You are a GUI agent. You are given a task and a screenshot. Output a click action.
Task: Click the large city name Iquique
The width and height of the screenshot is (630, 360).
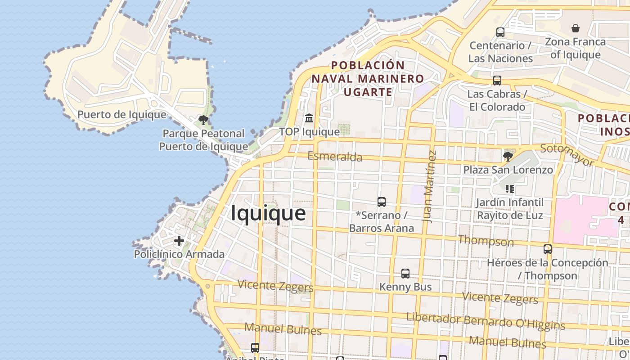pos(268,213)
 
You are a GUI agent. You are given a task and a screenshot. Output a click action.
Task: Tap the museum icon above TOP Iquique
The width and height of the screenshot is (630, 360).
pos(309,118)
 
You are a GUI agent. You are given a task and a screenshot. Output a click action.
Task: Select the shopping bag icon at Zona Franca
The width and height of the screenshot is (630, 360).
pos(575,28)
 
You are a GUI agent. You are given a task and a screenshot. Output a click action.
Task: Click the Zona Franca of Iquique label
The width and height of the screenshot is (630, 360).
pos(575,48)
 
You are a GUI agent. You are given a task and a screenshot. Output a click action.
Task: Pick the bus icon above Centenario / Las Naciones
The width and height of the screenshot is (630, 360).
pos(500,32)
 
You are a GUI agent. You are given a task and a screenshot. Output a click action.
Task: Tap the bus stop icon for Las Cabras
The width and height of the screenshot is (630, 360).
pos(497,81)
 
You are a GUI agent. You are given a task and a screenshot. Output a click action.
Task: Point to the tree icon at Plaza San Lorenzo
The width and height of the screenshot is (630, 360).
pos(508,157)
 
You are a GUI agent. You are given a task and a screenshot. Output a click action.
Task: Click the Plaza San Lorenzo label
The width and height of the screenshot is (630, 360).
pos(508,170)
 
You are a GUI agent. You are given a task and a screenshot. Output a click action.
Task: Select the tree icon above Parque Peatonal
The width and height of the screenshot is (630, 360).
pos(203,120)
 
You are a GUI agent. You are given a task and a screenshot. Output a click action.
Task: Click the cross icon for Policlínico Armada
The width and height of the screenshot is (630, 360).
pos(179,241)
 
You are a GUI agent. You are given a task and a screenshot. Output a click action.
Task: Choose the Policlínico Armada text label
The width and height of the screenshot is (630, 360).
pos(179,254)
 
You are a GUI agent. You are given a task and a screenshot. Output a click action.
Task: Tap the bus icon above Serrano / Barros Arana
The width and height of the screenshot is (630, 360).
pos(382,202)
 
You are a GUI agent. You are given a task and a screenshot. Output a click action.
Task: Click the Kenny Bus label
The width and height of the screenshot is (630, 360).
pos(405,287)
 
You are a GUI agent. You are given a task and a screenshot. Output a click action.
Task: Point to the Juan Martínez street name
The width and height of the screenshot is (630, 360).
pos(430,186)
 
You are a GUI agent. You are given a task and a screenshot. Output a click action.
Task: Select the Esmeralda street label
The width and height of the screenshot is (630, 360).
pos(335,157)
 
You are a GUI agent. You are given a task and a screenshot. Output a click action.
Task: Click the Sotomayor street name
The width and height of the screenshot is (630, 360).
pos(567,155)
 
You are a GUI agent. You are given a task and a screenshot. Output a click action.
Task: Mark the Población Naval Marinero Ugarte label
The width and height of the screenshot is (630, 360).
pos(368,79)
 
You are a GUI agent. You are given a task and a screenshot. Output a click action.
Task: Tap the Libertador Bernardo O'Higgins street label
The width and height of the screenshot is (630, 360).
pos(486,321)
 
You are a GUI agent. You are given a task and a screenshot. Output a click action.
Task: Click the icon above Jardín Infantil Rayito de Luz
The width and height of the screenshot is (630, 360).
pos(509,189)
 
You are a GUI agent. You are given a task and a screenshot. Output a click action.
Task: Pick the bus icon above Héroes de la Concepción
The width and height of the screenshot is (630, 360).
pos(547,249)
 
